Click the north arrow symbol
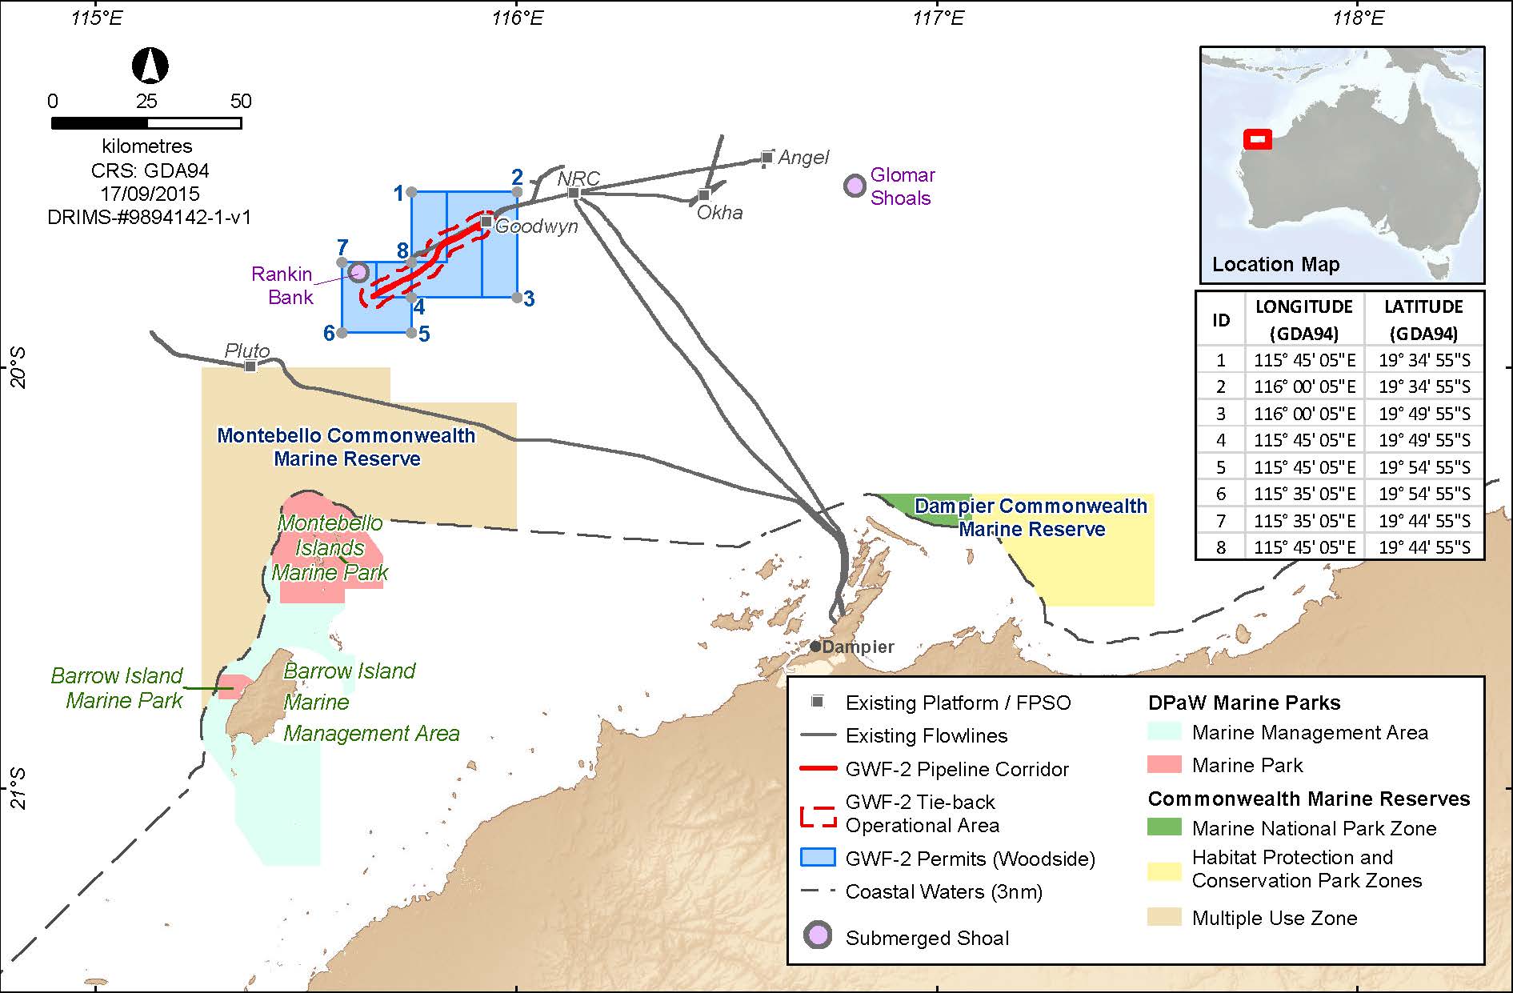click(x=150, y=66)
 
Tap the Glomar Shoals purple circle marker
click(x=855, y=186)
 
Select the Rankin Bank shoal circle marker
click(x=358, y=272)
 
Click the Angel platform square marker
click(x=767, y=157)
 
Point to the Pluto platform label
click(x=246, y=350)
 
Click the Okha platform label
click(x=719, y=213)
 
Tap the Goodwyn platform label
click(x=536, y=226)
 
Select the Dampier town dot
click(x=815, y=646)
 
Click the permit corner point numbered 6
click(x=342, y=332)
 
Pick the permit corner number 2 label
click(x=517, y=177)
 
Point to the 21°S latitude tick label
click(x=18, y=788)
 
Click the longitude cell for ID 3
click(x=1304, y=414)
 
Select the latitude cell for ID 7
click(x=1423, y=521)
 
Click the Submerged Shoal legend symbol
click(x=817, y=936)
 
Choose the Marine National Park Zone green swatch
click(x=1163, y=827)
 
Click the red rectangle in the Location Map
click(x=1257, y=139)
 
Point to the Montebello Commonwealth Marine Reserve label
click(x=346, y=447)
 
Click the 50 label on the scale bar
click(x=240, y=102)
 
